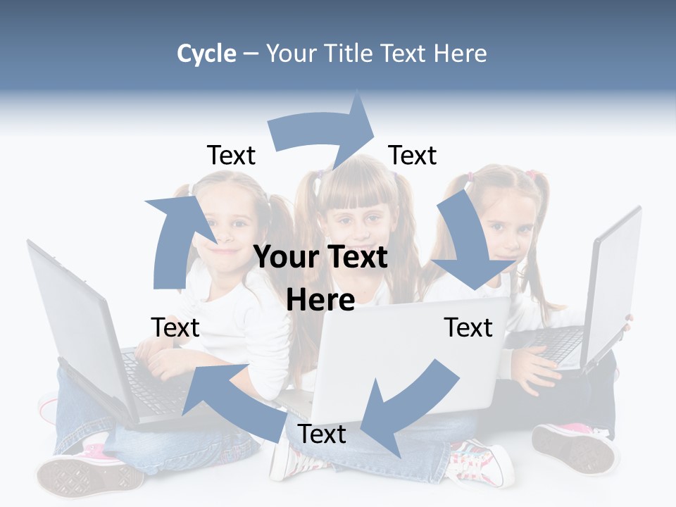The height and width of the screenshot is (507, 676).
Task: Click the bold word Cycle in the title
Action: tap(206, 54)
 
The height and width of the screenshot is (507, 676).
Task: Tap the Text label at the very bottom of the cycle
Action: tap(321, 434)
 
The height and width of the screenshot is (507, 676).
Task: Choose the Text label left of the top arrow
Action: tap(231, 155)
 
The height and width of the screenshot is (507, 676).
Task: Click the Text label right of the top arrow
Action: tap(413, 155)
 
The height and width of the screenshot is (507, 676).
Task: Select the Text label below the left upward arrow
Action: tap(175, 327)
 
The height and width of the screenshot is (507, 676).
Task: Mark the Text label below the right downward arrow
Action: tap(468, 327)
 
